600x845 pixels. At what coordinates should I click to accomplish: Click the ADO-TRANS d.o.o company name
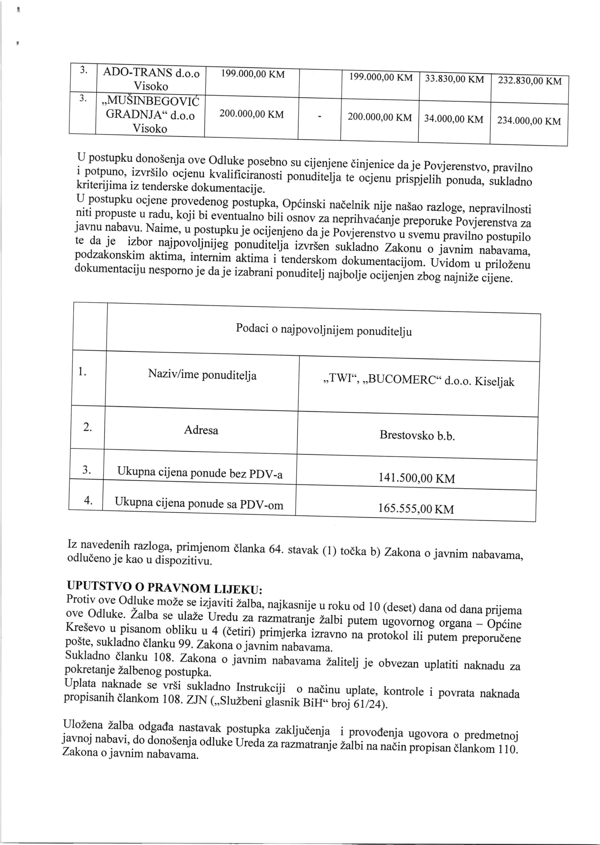151,73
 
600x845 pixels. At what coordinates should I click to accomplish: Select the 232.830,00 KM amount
529,81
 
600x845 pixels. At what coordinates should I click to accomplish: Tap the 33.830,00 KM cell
454,79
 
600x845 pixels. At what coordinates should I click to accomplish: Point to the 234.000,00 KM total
529,121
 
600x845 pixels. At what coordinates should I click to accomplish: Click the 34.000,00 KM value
453,119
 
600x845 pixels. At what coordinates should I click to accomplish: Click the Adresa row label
201,430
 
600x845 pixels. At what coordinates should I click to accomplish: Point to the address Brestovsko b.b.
417,435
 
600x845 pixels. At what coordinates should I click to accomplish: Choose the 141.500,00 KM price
416,478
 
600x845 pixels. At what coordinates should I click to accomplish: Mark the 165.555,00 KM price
416,509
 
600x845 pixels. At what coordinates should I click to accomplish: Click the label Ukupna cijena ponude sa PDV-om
199,503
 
